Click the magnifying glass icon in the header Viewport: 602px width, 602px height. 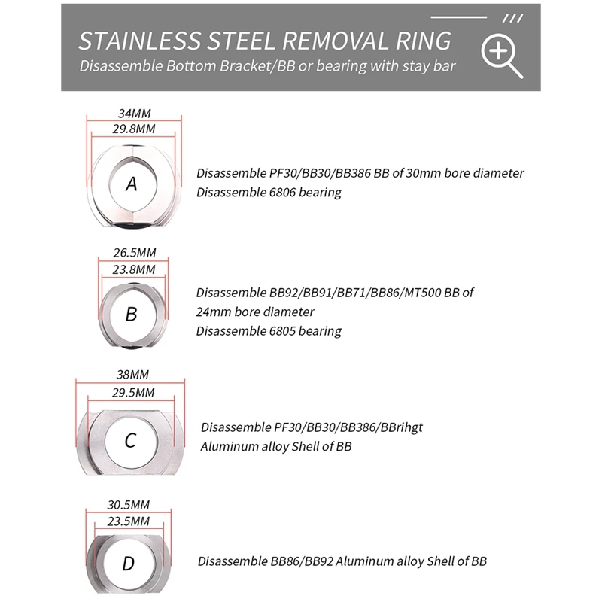(503, 56)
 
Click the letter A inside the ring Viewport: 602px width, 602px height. (132, 183)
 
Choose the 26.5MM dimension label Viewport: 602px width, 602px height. (134, 254)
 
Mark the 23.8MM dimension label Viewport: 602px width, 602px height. (134, 269)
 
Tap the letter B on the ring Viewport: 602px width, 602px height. (132, 314)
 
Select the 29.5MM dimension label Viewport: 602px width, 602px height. (132, 393)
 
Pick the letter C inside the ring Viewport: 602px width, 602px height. (131, 440)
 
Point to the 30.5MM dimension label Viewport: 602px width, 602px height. (129, 505)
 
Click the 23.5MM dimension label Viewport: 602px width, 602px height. (129, 520)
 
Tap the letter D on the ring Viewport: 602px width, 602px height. (129, 563)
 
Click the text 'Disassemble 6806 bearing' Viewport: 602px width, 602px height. (269, 192)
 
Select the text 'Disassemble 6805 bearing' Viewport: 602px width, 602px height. (269, 331)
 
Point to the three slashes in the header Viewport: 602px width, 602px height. (512, 18)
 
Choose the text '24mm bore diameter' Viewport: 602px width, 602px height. (255, 312)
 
